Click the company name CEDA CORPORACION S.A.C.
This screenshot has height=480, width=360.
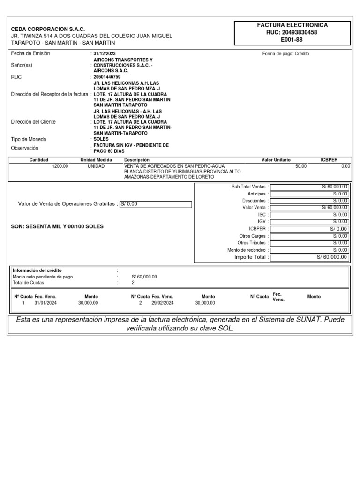[48, 29]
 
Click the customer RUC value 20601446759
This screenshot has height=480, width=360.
[107, 77]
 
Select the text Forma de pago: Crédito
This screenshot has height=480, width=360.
[285, 54]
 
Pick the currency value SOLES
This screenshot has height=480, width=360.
[101, 139]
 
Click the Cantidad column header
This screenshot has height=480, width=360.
[38, 160]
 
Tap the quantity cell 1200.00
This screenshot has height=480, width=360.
[60, 166]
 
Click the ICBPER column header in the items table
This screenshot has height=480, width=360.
[329, 160]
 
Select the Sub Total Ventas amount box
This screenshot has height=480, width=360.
[309, 187]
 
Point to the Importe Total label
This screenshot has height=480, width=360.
[251, 257]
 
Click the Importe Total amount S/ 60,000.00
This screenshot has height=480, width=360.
[309, 257]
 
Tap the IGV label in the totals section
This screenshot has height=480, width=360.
[262, 221]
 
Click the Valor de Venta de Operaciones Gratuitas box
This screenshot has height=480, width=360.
[156, 204]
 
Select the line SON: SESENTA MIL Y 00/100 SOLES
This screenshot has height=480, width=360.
[57, 226]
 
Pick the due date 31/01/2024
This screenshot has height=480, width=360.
[45, 303]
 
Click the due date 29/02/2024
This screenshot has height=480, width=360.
[162, 303]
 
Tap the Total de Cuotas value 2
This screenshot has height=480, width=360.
[133, 283]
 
